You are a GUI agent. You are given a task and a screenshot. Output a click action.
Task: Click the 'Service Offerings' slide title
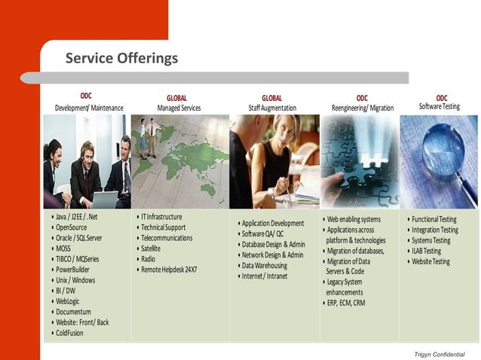[x=121, y=59]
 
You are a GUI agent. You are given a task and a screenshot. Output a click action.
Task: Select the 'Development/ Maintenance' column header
[x=89, y=108]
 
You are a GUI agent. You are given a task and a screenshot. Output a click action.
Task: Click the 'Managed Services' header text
[x=179, y=108]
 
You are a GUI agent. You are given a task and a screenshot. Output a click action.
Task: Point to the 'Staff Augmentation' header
[x=272, y=108]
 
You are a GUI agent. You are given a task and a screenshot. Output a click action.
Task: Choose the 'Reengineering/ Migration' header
[x=363, y=108]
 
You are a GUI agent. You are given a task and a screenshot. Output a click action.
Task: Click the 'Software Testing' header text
[x=440, y=107]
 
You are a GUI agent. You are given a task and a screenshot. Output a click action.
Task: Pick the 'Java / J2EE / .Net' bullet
[x=77, y=217]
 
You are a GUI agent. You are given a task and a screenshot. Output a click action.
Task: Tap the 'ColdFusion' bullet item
[x=69, y=333]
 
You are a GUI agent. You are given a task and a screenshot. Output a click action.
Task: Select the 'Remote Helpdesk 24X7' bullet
[x=169, y=270]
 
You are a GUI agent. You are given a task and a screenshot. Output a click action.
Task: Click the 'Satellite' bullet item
[x=151, y=249]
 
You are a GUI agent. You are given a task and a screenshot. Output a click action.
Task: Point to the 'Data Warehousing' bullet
[x=265, y=266]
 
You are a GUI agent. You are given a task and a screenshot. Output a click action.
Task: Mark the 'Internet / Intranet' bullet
[x=265, y=276]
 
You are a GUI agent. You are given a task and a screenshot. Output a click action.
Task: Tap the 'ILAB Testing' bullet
[x=427, y=251]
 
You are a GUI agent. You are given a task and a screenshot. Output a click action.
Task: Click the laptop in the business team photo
[x=103, y=200]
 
